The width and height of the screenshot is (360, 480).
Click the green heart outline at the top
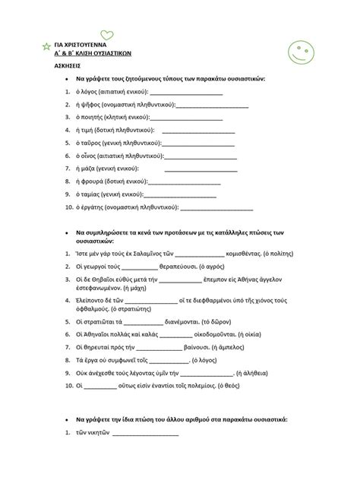[x=107, y=35]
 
